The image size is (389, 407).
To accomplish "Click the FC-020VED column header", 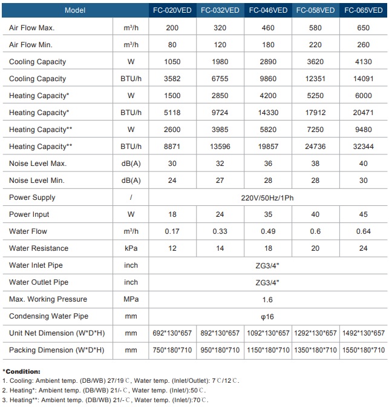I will point(172,10).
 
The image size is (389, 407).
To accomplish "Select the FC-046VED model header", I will point(268,10).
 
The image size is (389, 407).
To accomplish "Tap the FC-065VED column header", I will point(364,10).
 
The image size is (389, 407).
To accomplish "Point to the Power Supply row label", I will point(32,197).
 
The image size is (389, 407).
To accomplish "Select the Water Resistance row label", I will point(39,248).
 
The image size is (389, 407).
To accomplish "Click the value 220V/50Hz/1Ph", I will point(268,197).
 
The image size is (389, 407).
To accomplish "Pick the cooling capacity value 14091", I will point(364,79).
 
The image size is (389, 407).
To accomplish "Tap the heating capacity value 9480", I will point(364,130).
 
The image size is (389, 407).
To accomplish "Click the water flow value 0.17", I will point(172,231).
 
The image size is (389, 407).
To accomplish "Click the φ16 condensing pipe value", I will point(268,316).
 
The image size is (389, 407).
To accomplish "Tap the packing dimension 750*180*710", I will point(172,350).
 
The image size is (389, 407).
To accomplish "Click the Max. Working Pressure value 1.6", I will point(268,299).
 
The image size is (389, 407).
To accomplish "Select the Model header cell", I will point(75,10).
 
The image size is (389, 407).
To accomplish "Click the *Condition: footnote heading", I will point(22,371).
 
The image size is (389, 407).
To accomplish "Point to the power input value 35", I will point(268,214).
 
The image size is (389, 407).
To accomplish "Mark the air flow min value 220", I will point(316,45).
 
